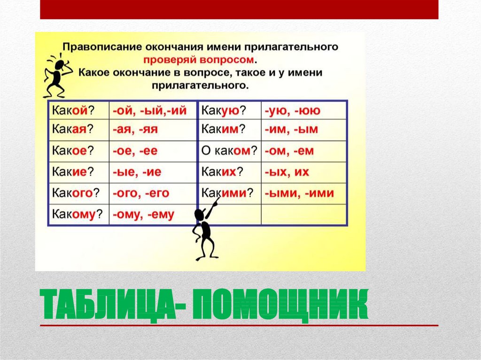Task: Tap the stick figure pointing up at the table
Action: pyautogui.click(x=205, y=230)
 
